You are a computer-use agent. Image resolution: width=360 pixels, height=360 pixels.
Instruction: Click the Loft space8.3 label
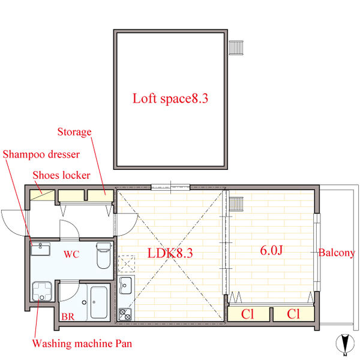(x=170, y=99)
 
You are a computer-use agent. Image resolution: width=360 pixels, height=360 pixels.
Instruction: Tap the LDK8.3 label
(x=170, y=253)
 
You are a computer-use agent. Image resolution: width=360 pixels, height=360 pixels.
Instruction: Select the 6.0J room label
(x=271, y=250)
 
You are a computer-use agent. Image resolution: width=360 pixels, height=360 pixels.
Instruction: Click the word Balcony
(x=337, y=253)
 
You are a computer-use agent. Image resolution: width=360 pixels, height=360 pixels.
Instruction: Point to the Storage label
(x=74, y=132)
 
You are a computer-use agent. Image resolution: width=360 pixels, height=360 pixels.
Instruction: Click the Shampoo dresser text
(x=41, y=154)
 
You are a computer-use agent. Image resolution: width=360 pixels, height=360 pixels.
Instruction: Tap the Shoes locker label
(x=62, y=175)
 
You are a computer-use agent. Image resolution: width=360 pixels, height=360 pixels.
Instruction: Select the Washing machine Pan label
(x=82, y=343)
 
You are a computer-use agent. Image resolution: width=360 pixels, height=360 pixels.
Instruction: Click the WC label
(x=71, y=254)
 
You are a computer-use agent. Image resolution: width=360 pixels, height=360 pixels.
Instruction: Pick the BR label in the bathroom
(x=68, y=317)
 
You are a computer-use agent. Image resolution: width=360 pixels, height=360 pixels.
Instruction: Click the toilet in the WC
(x=104, y=256)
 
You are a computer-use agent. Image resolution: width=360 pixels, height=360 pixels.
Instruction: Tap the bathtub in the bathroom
(x=99, y=302)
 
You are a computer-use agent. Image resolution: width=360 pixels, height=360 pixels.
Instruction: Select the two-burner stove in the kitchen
(x=125, y=314)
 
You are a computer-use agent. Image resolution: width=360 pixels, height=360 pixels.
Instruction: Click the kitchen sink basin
(x=125, y=285)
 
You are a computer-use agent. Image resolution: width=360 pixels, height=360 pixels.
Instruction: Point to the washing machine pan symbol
(x=42, y=292)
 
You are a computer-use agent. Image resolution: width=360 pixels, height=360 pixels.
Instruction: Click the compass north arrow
(x=345, y=343)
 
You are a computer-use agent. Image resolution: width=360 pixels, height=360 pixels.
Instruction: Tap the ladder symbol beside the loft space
(x=236, y=48)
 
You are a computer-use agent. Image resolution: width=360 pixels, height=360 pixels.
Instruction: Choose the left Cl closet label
(x=247, y=314)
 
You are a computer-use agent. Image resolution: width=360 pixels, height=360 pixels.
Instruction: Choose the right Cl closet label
(x=293, y=314)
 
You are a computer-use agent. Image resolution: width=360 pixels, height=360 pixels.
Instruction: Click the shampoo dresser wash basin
(x=40, y=249)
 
